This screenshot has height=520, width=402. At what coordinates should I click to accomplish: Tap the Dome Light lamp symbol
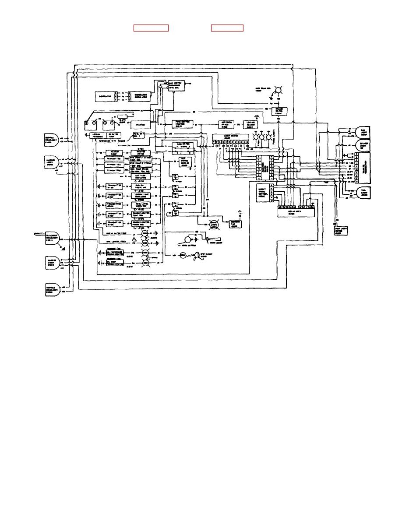pos(215,224)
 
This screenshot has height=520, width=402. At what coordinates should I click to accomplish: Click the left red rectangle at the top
pos(151,28)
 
